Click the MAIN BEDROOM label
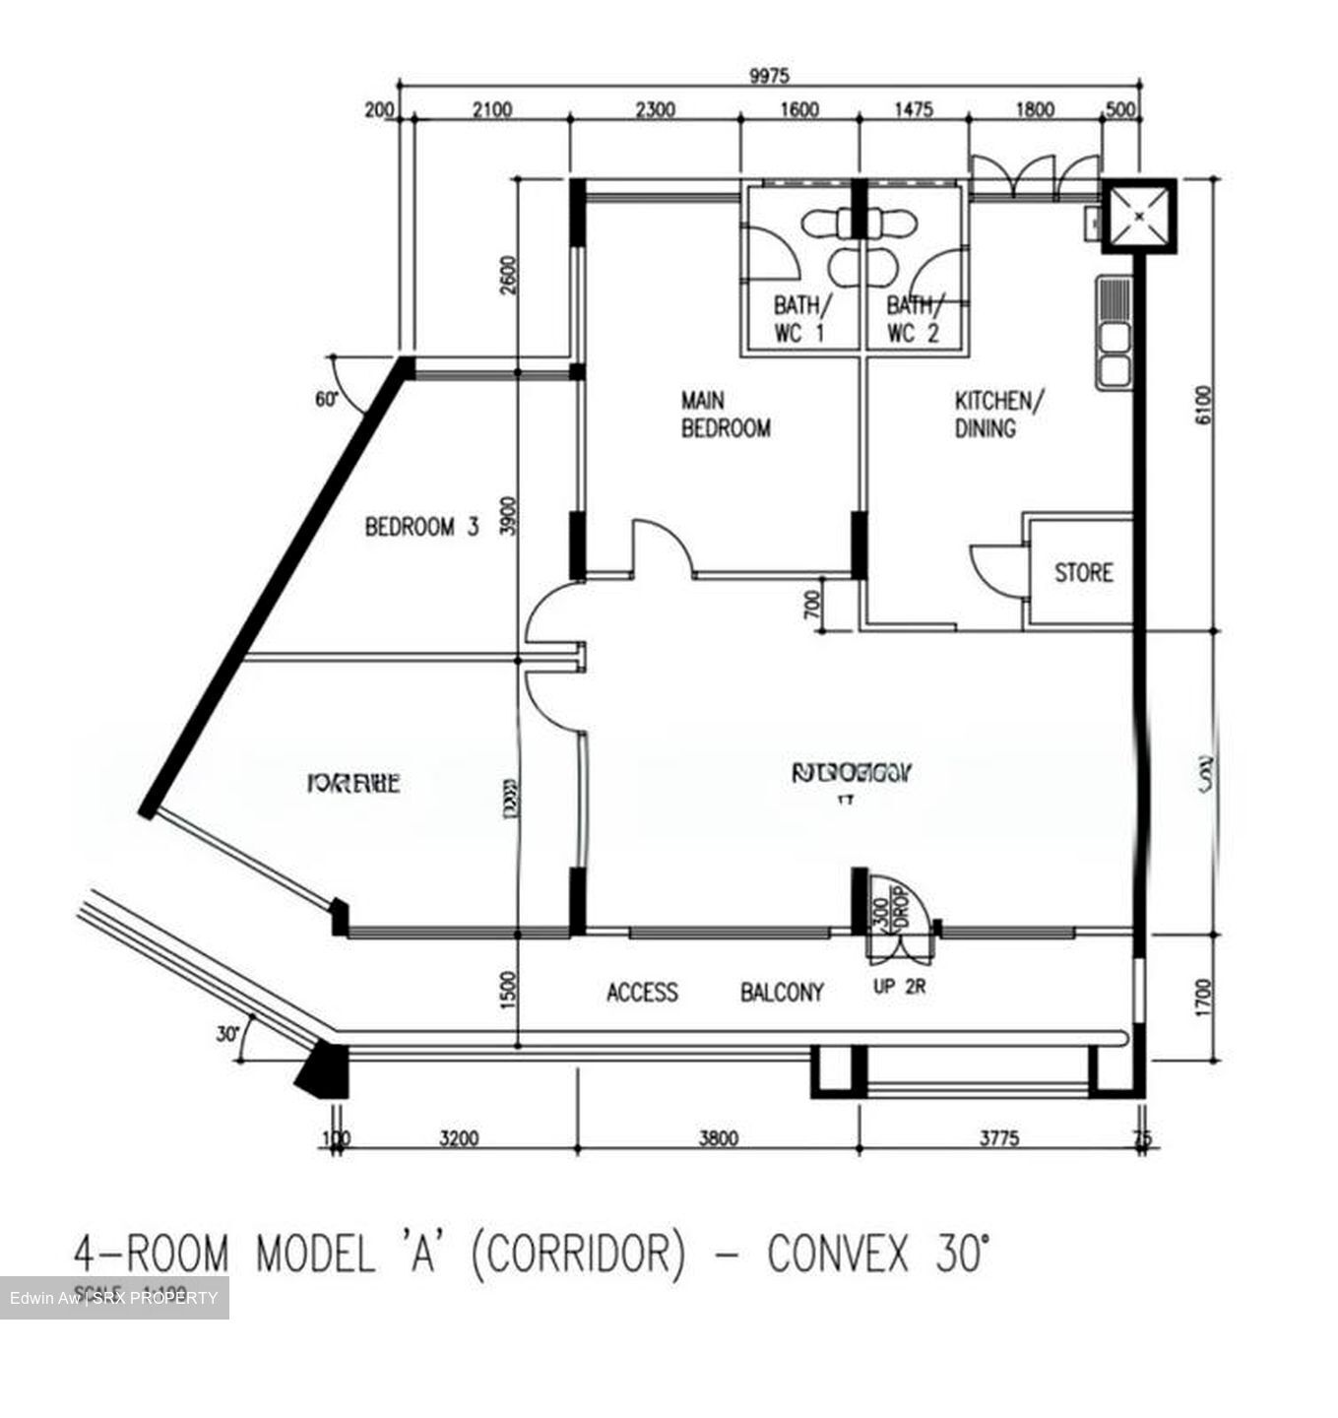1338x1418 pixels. click(726, 415)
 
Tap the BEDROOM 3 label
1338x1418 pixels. click(421, 527)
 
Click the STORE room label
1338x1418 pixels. click(1083, 572)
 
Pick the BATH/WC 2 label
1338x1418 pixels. click(914, 319)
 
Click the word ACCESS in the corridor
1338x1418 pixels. click(642, 993)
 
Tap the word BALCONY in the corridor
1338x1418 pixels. click(782, 993)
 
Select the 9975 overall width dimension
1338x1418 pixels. click(769, 77)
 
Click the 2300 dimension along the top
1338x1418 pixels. click(655, 109)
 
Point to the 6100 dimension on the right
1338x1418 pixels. click(1203, 405)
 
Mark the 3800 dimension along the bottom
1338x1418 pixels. click(719, 1139)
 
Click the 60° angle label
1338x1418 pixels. click(327, 400)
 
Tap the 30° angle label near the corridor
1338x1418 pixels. click(228, 1034)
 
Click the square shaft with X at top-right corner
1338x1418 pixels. click(1137, 217)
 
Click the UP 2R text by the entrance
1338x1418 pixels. click(899, 987)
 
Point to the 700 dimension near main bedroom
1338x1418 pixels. click(812, 604)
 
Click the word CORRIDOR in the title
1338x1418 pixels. click(578, 1256)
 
